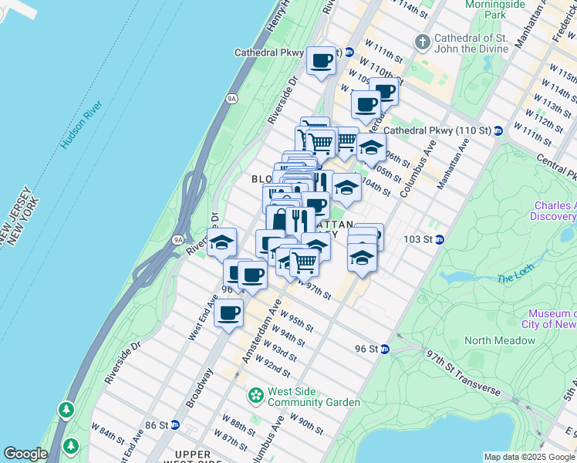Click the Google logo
point(25,454)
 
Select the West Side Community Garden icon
point(255,397)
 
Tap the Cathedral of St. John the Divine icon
point(423,40)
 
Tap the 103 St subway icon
point(440,240)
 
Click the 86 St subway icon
point(175,424)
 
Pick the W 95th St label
point(297,322)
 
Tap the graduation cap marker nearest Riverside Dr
point(221,243)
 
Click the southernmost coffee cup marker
point(228,313)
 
